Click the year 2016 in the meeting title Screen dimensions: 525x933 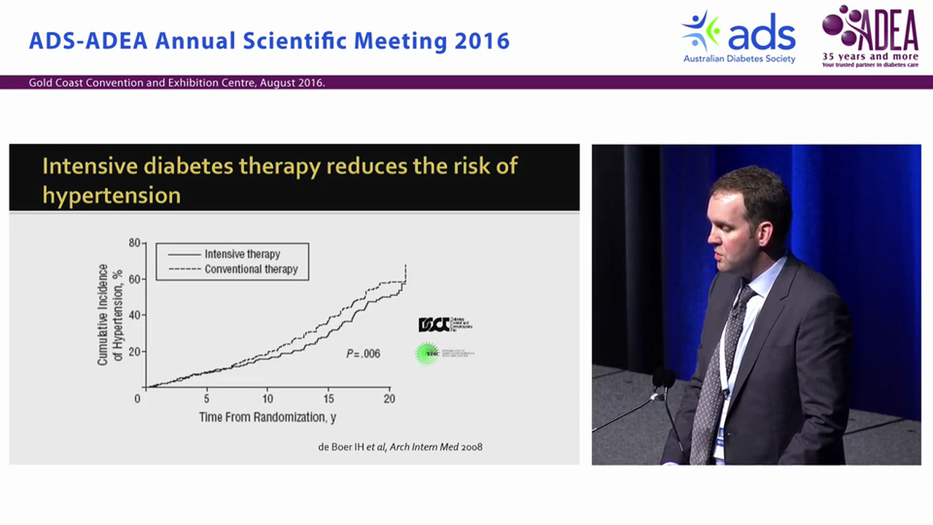[x=482, y=41]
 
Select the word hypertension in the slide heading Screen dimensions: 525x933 [x=112, y=195]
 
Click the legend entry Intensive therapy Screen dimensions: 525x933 [x=242, y=254]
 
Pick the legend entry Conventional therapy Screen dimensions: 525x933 [x=251, y=269]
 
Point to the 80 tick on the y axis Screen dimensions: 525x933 [x=134, y=242]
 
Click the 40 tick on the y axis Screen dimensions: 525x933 [x=134, y=315]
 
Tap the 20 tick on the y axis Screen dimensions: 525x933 [x=134, y=351]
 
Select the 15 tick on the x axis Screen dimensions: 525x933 [x=328, y=399]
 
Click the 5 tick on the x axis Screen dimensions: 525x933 [x=206, y=399]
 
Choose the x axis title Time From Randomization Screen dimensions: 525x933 [x=268, y=417]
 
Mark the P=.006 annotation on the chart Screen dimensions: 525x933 [x=362, y=354]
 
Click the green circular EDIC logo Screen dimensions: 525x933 [x=426, y=354]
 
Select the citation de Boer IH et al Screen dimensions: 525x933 [x=400, y=446]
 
